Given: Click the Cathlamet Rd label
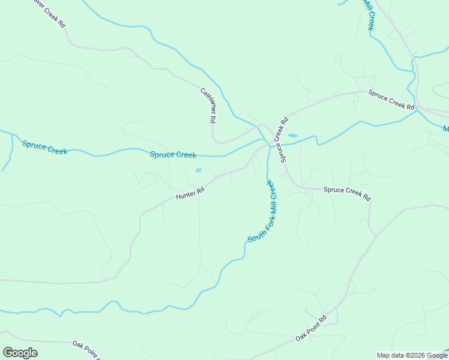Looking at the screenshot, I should (208, 106).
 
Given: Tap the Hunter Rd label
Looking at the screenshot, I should (190, 193).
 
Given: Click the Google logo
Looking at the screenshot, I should (20, 353).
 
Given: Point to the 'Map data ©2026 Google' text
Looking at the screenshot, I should (412, 355).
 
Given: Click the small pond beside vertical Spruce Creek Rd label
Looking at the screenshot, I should (292, 136).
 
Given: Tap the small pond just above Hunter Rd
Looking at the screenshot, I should (199, 170).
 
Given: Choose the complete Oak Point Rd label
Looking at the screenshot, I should (311, 329).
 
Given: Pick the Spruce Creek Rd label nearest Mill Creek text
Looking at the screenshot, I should (391, 99).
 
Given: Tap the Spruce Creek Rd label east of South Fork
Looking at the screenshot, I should (347, 193).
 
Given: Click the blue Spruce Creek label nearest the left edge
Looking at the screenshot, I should (45, 147).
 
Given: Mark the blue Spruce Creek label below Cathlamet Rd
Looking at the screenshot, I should (173, 155).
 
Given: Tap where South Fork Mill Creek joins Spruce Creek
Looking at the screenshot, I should (268, 145).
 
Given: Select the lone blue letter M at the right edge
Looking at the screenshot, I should (445, 128).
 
